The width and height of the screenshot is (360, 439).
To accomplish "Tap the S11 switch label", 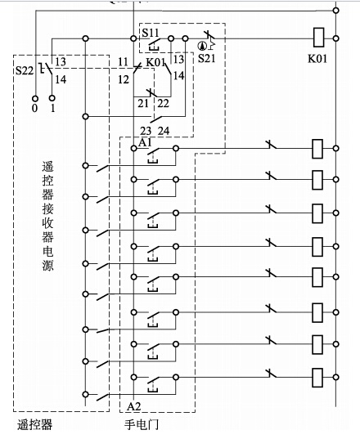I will coord(151,32).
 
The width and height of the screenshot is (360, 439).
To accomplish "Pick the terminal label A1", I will coord(146,142).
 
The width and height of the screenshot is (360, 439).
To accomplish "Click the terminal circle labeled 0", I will coord(34,96).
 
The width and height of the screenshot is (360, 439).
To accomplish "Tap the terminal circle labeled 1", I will coord(52,96).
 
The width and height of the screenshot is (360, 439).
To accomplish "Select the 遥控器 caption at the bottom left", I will coord(34,425).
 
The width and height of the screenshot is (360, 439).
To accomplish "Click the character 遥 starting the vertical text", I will coord(47,166).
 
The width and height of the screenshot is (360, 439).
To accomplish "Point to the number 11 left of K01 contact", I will coord(123,63).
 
